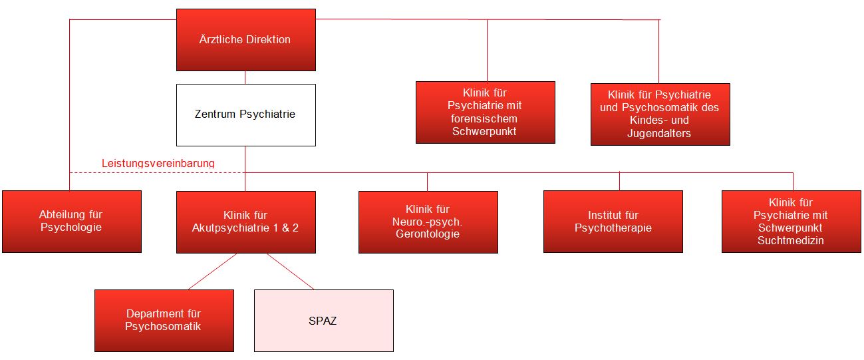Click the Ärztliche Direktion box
click(245, 40)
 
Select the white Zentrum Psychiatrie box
click(245, 114)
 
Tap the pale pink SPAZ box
click(323, 321)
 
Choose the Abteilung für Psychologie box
click(71, 222)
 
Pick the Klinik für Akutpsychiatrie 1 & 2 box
click(245, 222)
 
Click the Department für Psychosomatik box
click(164, 320)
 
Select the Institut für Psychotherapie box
click(613, 222)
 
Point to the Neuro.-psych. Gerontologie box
click(428, 222)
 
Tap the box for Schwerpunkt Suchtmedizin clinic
click(790, 222)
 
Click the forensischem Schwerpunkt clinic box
click(485, 112)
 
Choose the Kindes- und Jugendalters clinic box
click(660, 114)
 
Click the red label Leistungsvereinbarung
click(158, 163)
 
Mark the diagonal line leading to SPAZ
click(290, 271)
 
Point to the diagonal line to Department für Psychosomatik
click(212, 271)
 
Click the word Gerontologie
click(428, 234)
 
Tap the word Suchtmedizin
click(790, 241)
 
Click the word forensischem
click(485, 118)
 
